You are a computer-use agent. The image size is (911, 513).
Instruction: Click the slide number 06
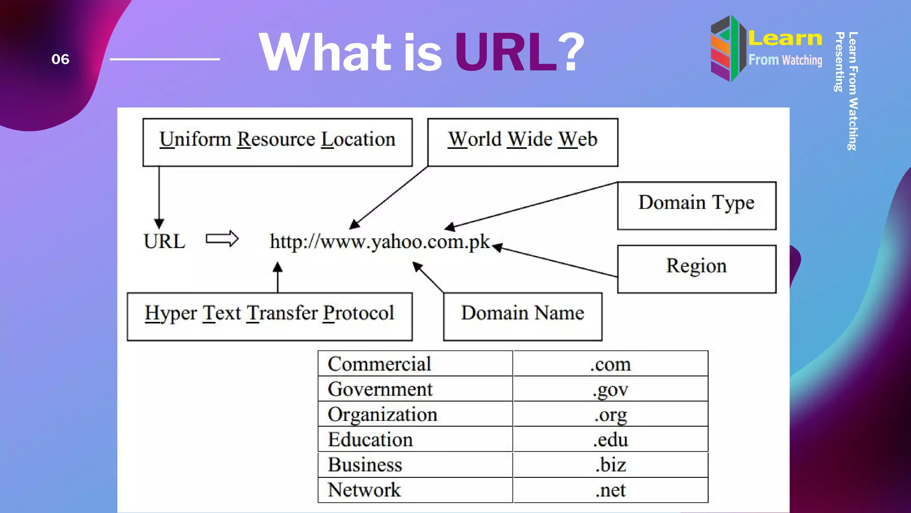click(x=60, y=59)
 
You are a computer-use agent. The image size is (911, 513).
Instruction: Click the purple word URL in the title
click(x=505, y=53)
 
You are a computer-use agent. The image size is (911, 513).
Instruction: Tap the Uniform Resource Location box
click(x=277, y=142)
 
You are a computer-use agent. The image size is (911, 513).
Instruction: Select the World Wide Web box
click(x=522, y=142)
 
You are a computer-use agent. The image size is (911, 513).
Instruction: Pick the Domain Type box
click(x=696, y=205)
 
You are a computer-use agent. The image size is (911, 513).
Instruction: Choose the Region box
click(x=696, y=269)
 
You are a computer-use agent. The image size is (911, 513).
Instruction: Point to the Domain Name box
click(x=522, y=316)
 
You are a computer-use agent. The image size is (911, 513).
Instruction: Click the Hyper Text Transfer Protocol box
click(x=270, y=316)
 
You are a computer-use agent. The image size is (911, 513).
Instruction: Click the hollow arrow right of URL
click(x=222, y=239)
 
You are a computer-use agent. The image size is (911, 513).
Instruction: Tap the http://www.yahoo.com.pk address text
click(x=380, y=242)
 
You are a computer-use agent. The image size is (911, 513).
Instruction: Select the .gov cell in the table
click(x=610, y=389)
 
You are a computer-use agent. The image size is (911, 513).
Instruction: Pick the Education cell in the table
click(x=415, y=440)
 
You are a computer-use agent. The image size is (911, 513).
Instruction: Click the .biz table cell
click(x=610, y=465)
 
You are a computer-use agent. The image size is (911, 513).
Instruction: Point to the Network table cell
click(x=415, y=490)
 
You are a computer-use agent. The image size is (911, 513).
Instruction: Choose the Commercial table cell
click(x=415, y=364)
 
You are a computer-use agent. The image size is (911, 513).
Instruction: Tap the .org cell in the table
click(x=610, y=415)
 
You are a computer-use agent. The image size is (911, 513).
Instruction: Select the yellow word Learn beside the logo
click(x=785, y=38)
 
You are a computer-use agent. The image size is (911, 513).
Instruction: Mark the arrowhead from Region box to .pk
click(x=497, y=248)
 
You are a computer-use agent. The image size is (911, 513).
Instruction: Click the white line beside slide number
click(x=165, y=59)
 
